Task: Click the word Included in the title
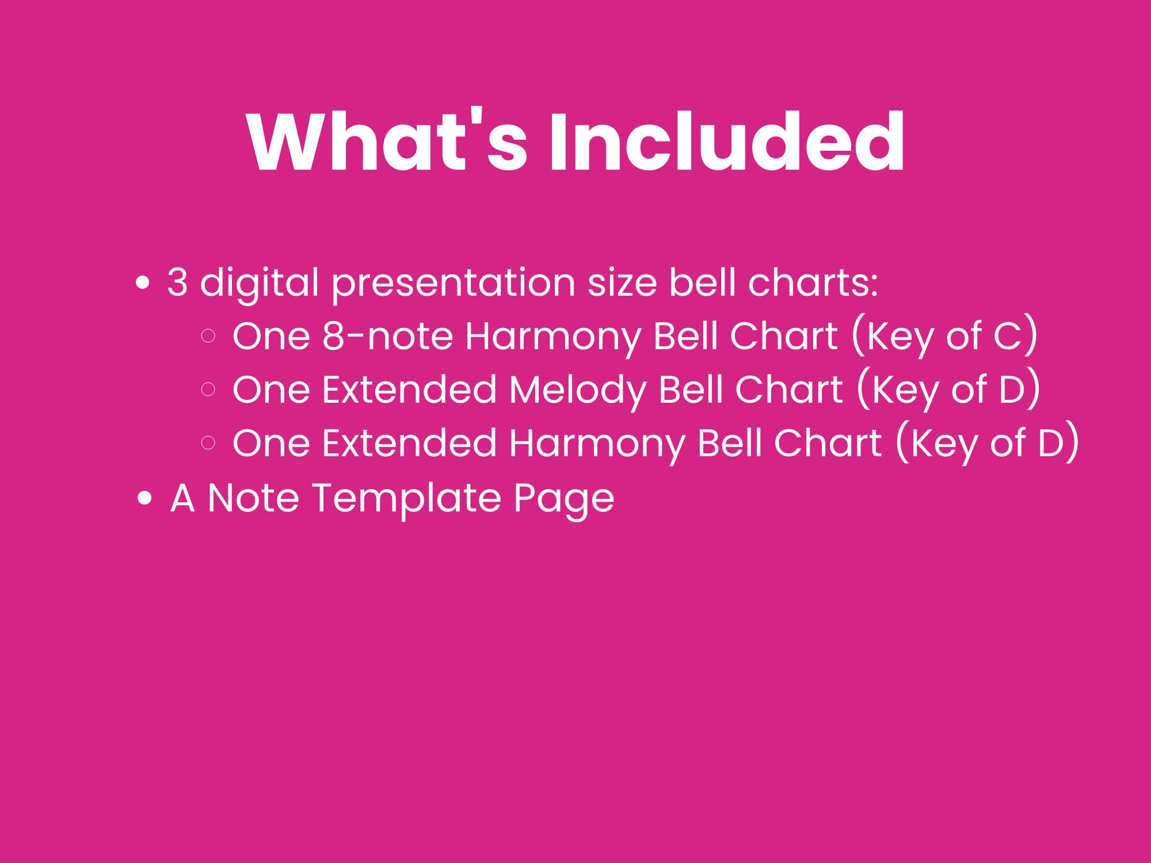pyautogui.click(x=726, y=142)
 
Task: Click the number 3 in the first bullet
pyautogui.click(x=177, y=282)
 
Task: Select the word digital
pyautogui.click(x=259, y=284)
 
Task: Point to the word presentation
pyautogui.click(x=453, y=284)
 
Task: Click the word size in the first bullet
pyautogui.click(x=622, y=282)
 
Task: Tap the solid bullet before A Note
pyautogui.click(x=145, y=498)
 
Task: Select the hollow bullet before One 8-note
pyautogui.click(x=209, y=336)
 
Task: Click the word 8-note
pyautogui.click(x=387, y=336)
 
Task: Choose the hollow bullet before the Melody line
pyautogui.click(x=209, y=390)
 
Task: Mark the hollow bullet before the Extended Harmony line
pyautogui.click(x=209, y=442)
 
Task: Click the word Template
pyautogui.click(x=406, y=498)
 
